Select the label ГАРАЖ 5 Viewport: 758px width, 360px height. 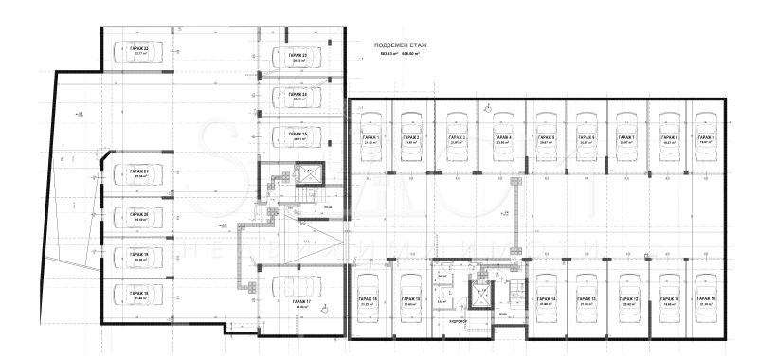[546, 138]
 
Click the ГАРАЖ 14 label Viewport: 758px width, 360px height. [546, 299]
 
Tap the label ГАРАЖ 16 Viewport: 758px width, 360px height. [369, 299]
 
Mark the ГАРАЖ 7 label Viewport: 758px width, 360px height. [626, 138]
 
